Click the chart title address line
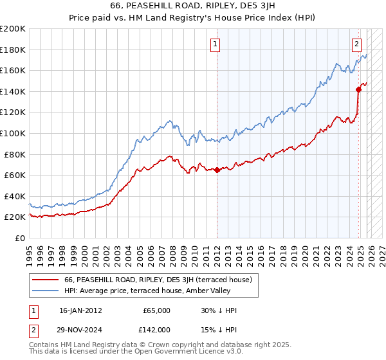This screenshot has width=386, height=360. pos(192,6)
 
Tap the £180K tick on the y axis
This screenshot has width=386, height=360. pos(13,50)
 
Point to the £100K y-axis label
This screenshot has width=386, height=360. pos(13,133)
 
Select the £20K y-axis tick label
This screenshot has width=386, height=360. pos(15,217)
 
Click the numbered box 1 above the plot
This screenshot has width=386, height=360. pos(215,44)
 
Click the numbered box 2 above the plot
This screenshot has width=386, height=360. pos(356,44)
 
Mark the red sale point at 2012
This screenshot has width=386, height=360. pos(217,170)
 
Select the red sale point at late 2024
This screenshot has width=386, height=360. pos(358,89)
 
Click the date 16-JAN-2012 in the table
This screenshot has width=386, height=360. pos(82,310)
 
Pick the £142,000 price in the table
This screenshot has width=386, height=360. pos(157,329)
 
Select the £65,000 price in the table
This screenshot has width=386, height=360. pos(157,310)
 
